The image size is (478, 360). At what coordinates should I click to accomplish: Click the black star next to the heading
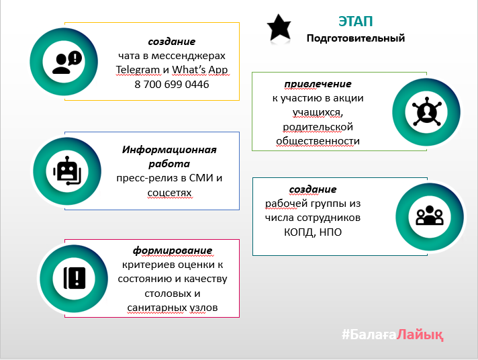[279, 28]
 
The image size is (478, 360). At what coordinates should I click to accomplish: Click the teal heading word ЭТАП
[355, 21]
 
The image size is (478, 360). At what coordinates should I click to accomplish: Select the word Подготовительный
[355, 38]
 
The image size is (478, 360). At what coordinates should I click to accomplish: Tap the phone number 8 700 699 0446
[172, 84]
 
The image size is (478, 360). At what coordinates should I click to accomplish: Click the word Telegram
[138, 70]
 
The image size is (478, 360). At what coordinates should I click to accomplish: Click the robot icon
[67, 171]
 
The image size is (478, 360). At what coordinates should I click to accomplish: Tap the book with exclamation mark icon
[75, 278]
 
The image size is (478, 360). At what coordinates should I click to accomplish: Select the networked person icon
[426, 111]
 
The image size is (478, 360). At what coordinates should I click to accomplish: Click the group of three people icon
[430, 216]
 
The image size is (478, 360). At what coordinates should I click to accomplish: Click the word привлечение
[318, 84]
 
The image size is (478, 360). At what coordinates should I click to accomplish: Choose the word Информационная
[169, 150]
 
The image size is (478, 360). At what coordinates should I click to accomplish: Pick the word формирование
[173, 251]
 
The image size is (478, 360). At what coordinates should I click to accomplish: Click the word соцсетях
[169, 193]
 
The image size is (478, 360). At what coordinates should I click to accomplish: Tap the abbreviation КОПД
[299, 232]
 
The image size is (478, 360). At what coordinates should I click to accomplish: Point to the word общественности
[318, 141]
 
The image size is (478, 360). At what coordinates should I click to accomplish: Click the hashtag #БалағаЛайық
[392, 334]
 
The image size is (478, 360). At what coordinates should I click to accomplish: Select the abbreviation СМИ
[201, 178]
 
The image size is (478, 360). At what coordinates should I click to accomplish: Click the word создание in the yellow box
[172, 42]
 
